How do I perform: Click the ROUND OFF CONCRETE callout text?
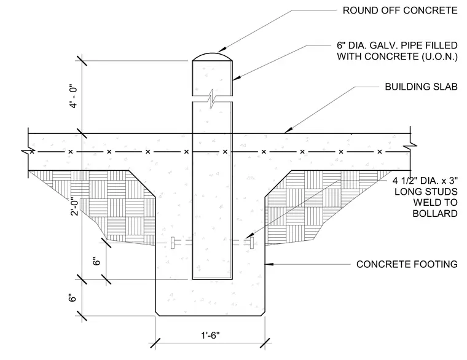click(400, 10)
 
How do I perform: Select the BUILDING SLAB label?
click(421, 87)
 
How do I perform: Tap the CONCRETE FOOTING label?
click(407, 264)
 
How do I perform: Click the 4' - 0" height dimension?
click(74, 97)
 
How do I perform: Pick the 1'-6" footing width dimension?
click(210, 335)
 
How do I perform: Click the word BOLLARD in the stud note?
click(435, 214)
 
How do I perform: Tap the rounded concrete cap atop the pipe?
click(212, 57)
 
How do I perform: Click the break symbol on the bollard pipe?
click(212, 99)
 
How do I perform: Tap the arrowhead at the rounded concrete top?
click(222, 50)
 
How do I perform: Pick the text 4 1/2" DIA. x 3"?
click(425, 181)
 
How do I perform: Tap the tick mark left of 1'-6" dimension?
click(155, 343)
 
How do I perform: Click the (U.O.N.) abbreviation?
click(439, 57)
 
